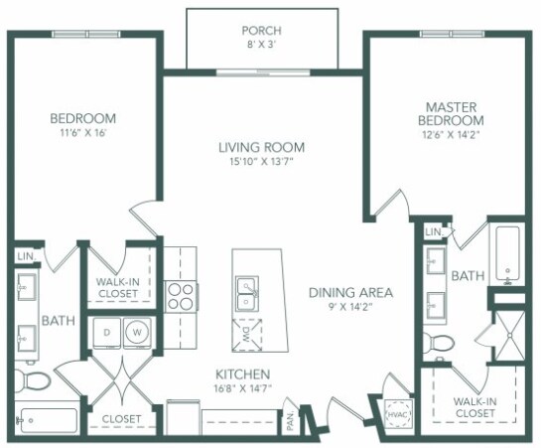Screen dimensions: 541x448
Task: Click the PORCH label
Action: (x=261, y=31)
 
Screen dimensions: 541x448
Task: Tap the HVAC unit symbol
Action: (x=399, y=414)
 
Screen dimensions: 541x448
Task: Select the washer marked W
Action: (x=137, y=333)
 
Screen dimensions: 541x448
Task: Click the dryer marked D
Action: (x=107, y=333)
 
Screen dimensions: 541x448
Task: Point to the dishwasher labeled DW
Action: (x=247, y=335)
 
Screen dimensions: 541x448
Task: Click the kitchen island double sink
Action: (x=247, y=293)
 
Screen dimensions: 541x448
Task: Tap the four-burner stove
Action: (x=180, y=296)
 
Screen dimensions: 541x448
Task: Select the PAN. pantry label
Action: (x=290, y=420)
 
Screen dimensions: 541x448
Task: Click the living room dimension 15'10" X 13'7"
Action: (x=261, y=162)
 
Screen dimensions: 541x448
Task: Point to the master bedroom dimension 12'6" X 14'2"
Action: (x=451, y=135)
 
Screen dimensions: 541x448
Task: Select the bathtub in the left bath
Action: (x=47, y=420)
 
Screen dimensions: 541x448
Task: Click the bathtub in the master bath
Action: (x=507, y=254)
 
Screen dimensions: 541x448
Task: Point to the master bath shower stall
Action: (x=509, y=335)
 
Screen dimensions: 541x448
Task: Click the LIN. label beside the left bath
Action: (x=27, y=256)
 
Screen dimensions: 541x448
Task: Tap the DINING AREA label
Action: (x=350, y=293)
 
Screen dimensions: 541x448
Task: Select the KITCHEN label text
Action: (x=242, y=374)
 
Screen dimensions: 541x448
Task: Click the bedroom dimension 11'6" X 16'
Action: (x=82, y=133)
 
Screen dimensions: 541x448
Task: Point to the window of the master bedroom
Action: (x=452, y=34)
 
